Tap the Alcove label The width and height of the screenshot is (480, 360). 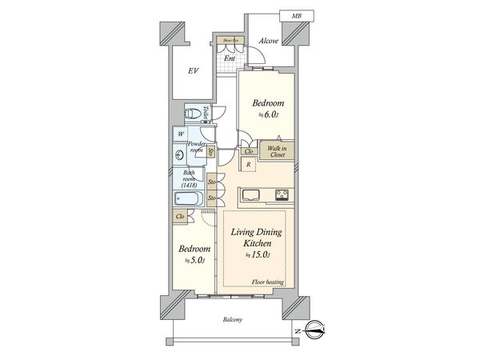coord(268,42)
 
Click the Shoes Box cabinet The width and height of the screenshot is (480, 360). coord(228,39)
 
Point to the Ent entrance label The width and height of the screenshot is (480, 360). coord(229,58)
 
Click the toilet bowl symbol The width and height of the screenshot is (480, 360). coord(193,114)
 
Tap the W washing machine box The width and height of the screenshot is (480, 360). coord(180,134)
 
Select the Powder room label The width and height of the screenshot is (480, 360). coord(196,146)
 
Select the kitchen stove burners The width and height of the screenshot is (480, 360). coord(282,194)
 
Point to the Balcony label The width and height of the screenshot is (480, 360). coord(235,321)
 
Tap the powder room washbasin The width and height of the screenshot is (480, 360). coord(176,155)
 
